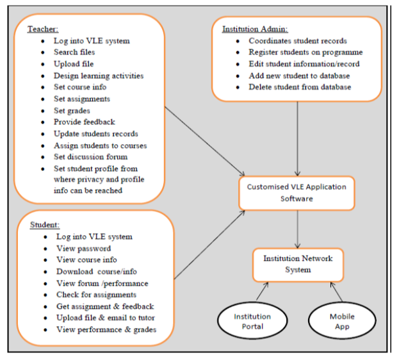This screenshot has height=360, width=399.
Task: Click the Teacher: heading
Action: [42, 29]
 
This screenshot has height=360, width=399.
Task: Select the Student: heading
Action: [45, 225]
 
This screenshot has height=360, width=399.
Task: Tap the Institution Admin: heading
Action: [255, 29]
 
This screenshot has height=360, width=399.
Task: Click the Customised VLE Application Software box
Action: [297, 192]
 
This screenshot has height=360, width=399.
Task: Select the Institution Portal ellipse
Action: [252, 322]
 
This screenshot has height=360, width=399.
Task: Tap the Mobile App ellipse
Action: [341, 322]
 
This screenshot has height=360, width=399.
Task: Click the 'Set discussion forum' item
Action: [90, 156]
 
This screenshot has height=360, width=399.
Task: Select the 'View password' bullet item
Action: [83, 249]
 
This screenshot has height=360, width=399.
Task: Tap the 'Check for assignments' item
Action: [96, 295]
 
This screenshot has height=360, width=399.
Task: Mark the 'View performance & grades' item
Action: [106, 329]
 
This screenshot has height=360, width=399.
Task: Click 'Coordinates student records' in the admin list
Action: [298, 41]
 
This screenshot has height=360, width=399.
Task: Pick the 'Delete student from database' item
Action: [300, 87]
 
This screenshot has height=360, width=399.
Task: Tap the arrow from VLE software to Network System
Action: [298, 229]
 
